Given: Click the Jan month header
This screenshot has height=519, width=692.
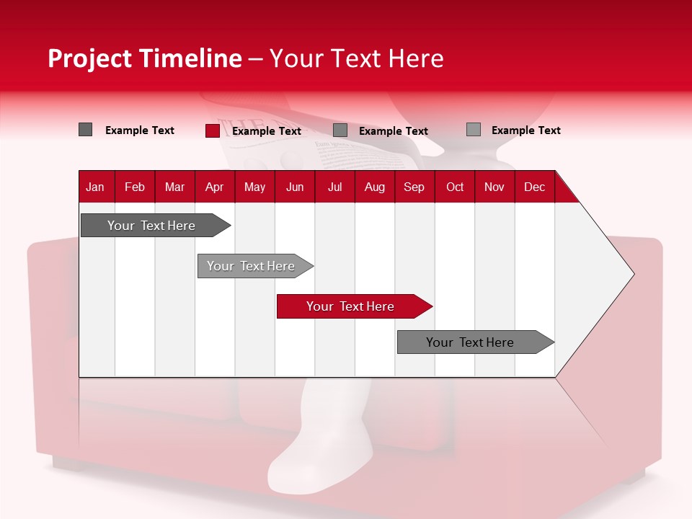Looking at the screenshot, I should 95,187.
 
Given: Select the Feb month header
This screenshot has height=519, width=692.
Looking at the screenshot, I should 135,187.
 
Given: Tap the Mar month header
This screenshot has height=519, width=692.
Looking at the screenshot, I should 174,187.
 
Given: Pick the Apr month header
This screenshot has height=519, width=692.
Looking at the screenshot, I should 214,187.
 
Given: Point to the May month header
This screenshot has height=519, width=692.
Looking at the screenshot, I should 254,187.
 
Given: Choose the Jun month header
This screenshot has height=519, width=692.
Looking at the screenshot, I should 295,187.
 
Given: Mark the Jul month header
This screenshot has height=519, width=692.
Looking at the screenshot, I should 334,187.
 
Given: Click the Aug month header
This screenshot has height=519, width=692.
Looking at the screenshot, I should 374,187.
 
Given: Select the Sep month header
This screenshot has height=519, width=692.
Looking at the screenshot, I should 414,187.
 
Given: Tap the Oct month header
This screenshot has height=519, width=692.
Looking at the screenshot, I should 455,187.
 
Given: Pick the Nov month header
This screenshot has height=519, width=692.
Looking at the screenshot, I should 494,187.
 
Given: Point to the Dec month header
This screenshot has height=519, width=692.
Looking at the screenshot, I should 534,187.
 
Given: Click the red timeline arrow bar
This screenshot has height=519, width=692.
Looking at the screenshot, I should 353,306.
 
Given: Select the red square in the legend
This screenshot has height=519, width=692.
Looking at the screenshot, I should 212,130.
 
